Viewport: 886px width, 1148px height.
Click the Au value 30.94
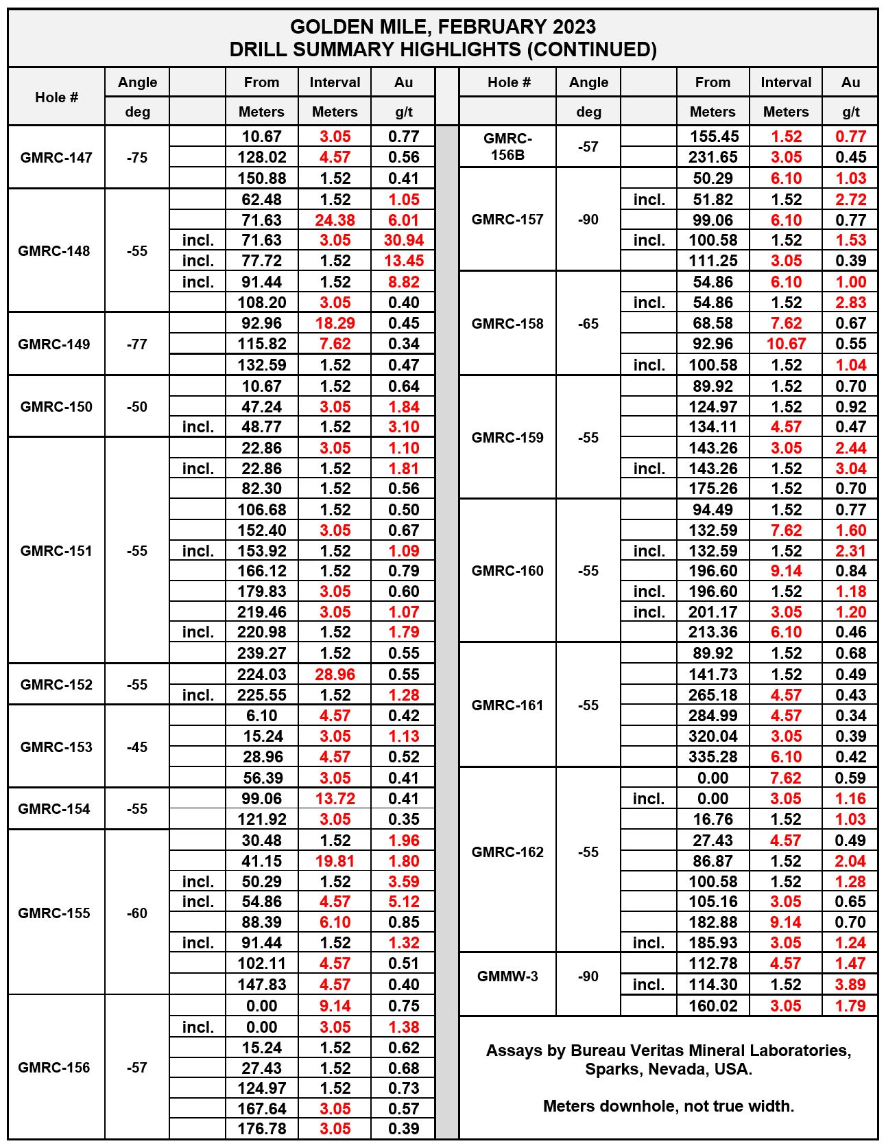pyautogui.click(x=403, y=240)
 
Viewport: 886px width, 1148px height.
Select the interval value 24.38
pyautogui.click(x=335, y=220)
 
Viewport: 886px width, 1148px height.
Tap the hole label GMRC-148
pyautogui.click(x=54, y=250)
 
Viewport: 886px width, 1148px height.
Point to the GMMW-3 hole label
pyautogui.click(x=507, y=976)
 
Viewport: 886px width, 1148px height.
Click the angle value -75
pyautogui.click(x=137, y=157)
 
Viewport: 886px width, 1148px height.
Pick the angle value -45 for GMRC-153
pyautogui.click(x=137, y=747)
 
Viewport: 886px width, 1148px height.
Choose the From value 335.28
pyautogui.click(x=713, y=757)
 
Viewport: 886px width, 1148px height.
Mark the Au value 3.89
pyautogui.click(x=850, y=985)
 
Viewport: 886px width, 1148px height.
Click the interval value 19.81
pyautogui.click(x=335, y=861)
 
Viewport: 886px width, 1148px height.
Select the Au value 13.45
pyautogui.click(x=403, y=261)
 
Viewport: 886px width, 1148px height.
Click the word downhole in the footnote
pyautogui.click(x=631, y=1106)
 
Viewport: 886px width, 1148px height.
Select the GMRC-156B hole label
pyautogui.click(x=507, y=146)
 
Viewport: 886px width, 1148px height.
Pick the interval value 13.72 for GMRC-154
pyautogui.click(x=335, y=799)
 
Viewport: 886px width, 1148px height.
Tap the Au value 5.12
pyautogui.click(x=403, y=902)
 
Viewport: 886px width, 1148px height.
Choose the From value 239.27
pyautogui.click(x=261, y=653)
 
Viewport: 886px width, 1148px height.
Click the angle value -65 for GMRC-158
pyautogui.click(x=588, y=323)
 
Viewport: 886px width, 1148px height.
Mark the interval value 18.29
pyautogui.click(x=335, y=323)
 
